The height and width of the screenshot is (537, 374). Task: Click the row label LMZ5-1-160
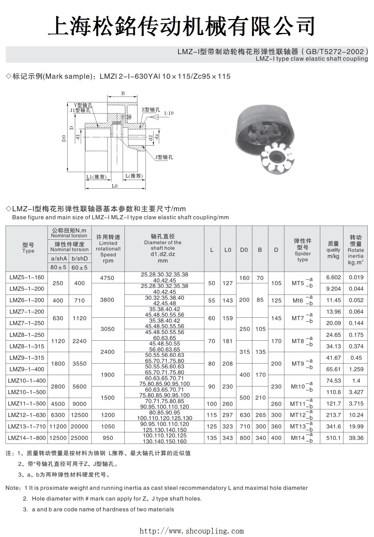tap(27, 278)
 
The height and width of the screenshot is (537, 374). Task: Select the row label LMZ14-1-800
tap(27, 438)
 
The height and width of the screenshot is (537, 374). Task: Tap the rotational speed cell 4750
tap(107, 278)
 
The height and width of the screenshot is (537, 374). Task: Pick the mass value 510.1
tap(333, 438)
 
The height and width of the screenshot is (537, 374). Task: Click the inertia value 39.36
tap(356, 438)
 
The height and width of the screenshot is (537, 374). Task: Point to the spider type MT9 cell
tap(302, 364)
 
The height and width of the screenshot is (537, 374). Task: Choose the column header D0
tap(244, 250)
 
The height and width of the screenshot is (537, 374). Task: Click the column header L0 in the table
tap(228, 250)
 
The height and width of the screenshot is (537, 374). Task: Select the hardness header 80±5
tap(58, 267)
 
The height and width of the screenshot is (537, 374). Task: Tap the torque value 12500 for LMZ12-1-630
tap(79, 415)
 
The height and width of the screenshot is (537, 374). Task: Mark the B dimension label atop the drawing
tap(123, 93)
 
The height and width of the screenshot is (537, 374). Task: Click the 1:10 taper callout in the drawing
tap(169, 113)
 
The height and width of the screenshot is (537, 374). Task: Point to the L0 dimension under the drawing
tap(114, 186)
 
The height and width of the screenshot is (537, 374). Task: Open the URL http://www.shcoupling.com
tap(191, 531)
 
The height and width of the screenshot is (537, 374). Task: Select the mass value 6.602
tap(333, 278)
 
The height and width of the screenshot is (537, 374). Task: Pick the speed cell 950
tap(107, 438)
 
